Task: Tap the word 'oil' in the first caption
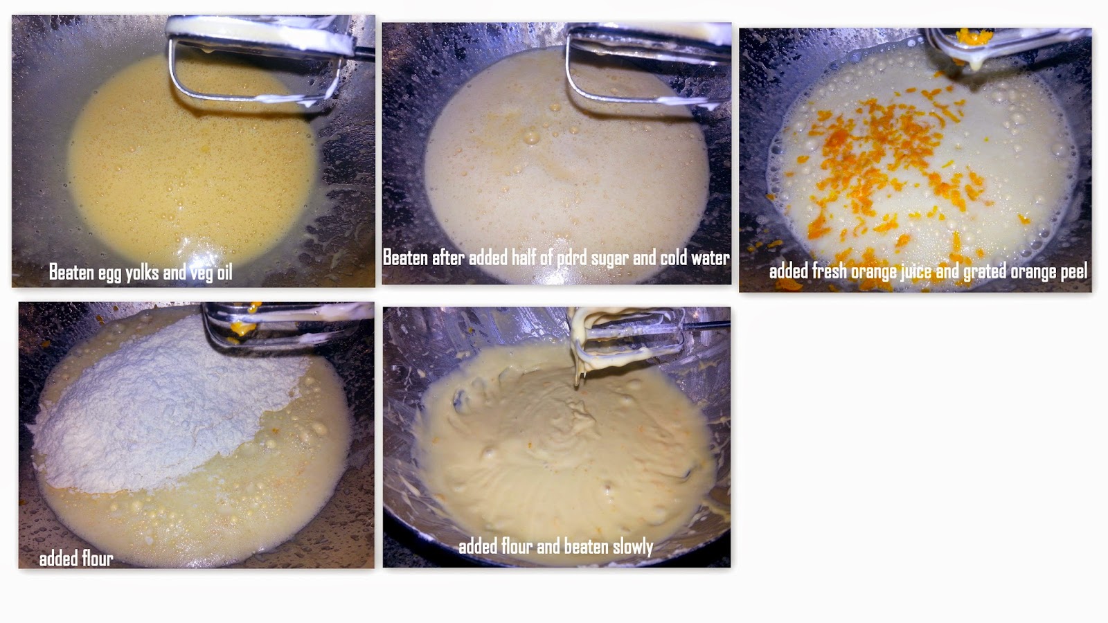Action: (x=224, y=271)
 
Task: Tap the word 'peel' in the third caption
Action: (x=1072, y=271)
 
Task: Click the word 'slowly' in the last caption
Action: (x=633, y=547)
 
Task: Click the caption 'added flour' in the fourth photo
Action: (x=76, y=559)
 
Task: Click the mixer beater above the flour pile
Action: (x=287, y=324)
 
